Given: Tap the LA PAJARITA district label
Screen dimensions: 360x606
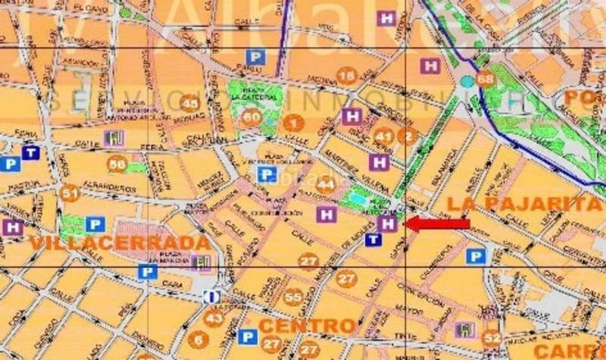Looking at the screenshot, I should [523, 203].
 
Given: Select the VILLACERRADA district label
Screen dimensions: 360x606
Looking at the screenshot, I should [120, 243].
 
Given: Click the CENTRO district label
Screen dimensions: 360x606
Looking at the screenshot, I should [308, 327].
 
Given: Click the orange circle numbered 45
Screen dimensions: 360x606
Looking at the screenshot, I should [190, 105].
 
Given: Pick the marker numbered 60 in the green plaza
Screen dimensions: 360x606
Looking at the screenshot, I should [251, 117].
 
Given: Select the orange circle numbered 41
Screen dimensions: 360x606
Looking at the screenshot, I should [385, 136].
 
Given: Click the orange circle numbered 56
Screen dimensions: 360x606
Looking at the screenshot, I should [117, 164].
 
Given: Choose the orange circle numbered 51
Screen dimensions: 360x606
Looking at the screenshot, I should [70, 193].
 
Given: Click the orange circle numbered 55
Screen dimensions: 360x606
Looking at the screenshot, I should [294, 296].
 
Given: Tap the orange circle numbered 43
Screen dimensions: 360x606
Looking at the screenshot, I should [214, 318].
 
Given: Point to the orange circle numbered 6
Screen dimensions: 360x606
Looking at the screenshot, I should [199, 340].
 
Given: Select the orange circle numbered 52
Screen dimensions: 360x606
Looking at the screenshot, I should [492, 338].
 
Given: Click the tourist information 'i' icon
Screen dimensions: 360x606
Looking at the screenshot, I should [214, 297].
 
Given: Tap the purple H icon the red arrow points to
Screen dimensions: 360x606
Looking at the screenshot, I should [389, 224].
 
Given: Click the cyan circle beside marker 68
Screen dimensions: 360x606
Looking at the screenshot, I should [467, 80].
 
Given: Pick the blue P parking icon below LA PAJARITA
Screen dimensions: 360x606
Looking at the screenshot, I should [476, 256].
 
